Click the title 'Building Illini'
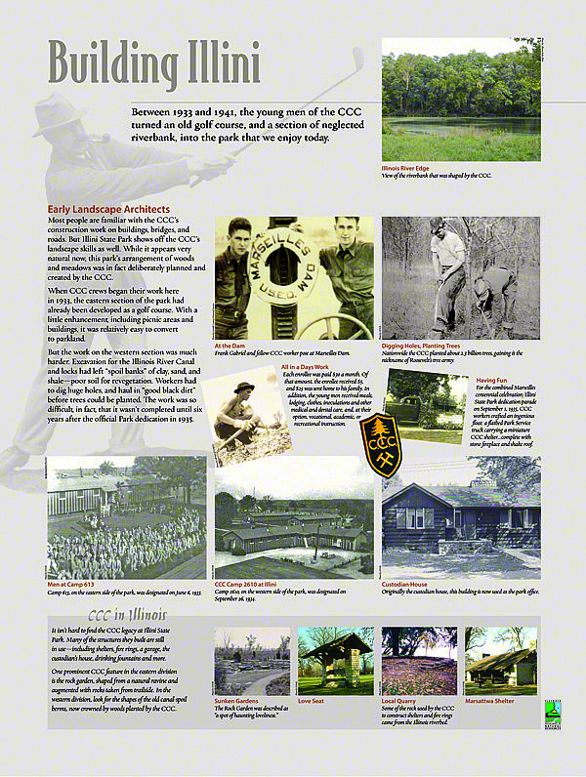[154, 64]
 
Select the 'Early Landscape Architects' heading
[108, 209]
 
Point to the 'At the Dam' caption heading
[230, 346]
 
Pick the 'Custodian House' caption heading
[405, 584]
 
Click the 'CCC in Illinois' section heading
[127, 615]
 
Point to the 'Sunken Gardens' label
[237, 700]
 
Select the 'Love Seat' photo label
[311, 700]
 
